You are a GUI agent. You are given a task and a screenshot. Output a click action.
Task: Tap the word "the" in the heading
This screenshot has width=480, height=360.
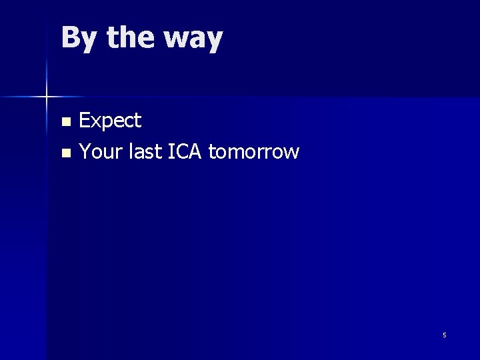(129, 38)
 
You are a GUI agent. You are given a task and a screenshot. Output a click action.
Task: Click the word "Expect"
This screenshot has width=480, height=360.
(110, 121)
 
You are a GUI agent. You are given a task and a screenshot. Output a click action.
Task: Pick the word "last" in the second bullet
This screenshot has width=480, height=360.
(141, 151)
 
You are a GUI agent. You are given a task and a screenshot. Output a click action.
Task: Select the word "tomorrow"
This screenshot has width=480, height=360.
(254, 152)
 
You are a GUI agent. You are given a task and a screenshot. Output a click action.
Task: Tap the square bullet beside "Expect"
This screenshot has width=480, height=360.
(65, 122)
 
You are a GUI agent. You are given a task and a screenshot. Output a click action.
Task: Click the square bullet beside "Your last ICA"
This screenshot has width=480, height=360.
(65, 153)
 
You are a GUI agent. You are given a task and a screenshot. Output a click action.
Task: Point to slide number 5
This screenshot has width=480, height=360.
(445, 335)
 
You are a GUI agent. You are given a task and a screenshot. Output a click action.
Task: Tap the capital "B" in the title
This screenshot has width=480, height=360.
(70, 38)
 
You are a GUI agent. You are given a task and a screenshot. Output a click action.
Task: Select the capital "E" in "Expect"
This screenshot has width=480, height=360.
(85, 121)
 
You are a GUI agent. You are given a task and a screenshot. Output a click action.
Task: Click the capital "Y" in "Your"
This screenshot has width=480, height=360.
(85, 151)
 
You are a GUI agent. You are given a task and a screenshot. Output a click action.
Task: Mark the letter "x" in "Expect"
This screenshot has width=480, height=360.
(95, 122)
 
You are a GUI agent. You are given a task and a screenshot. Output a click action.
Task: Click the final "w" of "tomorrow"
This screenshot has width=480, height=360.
(292, 153)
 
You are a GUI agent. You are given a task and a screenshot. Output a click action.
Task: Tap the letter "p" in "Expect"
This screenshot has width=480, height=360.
(106, 123)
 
